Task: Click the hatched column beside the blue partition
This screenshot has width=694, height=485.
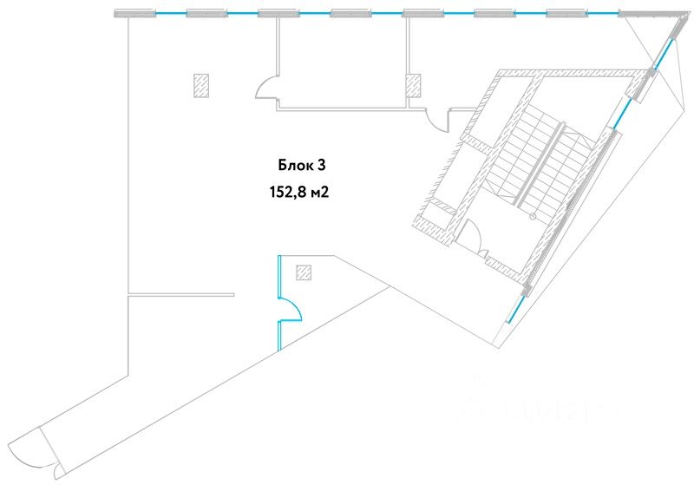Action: (x=304, y=272)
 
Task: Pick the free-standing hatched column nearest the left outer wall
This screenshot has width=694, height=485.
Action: (x=201, y=84)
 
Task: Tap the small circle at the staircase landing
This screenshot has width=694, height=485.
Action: (x=520, y=206)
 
